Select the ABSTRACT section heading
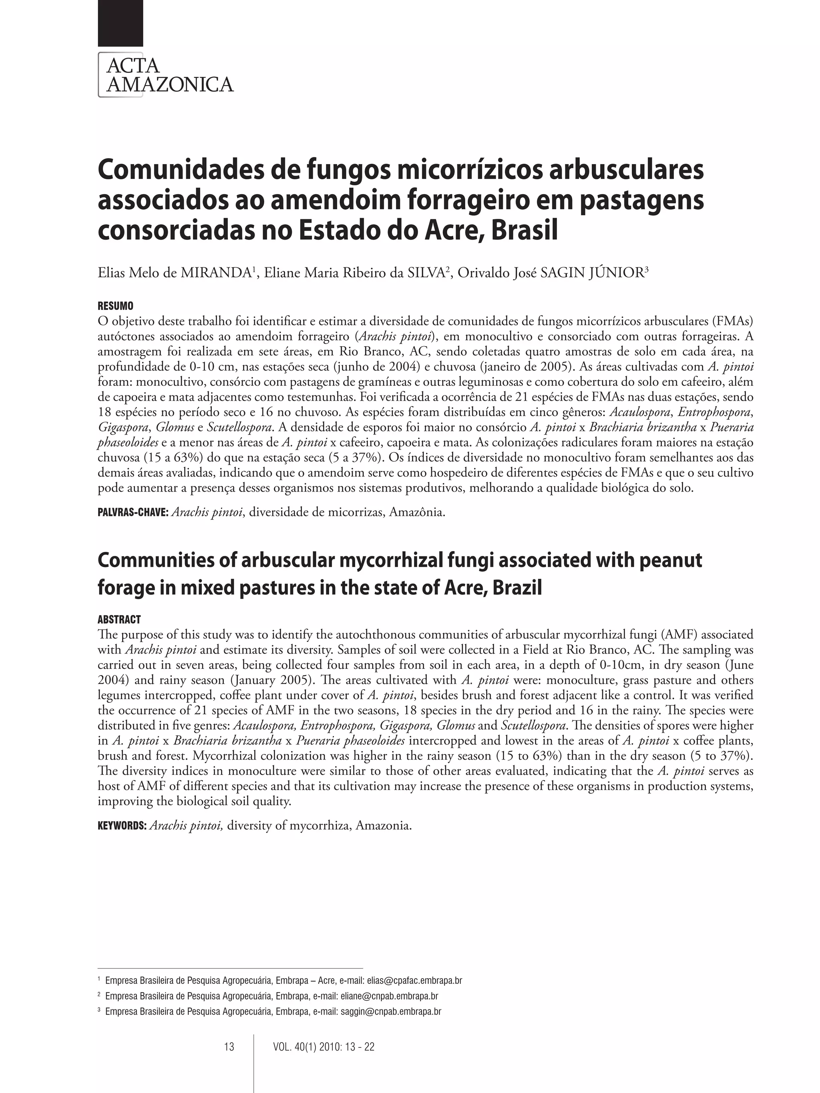point(119,619)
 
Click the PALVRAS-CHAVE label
point(133,512)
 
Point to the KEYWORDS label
point(122,826)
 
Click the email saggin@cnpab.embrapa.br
point(390,1011)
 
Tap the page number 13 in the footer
point(229,1047)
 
